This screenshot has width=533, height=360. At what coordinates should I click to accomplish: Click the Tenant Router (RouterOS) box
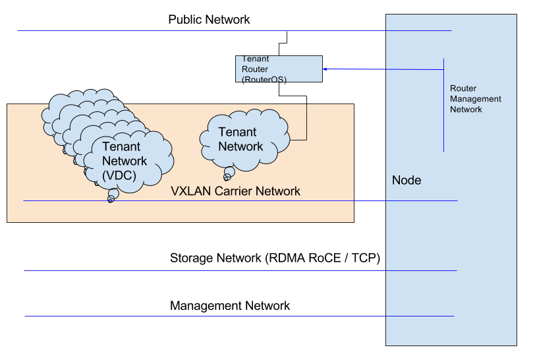[279, 69]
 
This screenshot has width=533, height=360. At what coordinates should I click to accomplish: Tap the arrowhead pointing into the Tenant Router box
[325, 69]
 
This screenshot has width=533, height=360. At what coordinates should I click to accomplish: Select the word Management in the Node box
[475, 99]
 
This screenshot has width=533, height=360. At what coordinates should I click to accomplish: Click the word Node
[407, 181]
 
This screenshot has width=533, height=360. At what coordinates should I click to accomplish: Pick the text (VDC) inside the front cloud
[119, 174]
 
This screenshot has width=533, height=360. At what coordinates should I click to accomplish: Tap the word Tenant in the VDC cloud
[121, 148]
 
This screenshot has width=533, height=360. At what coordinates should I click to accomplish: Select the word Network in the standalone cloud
[240, 146]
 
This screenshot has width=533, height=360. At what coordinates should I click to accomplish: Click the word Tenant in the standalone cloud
[237, 133]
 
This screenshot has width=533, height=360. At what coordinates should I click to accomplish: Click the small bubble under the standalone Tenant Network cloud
[229, 173]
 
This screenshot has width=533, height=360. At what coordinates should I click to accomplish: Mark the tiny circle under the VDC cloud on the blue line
[111, 199]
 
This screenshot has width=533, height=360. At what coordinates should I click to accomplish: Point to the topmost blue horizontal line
[198, 30]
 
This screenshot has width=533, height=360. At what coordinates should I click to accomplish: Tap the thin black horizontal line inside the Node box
[422, 316]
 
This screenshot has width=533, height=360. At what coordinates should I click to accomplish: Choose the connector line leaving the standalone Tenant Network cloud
[306, 125]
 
